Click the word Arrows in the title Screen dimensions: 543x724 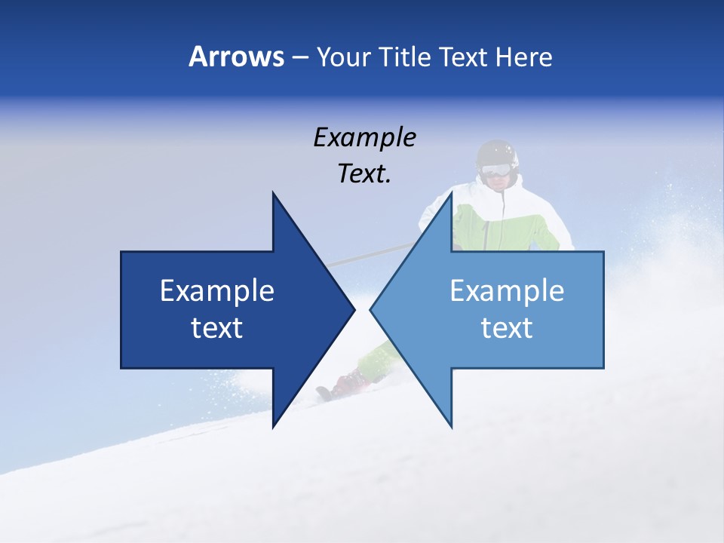point(236,57)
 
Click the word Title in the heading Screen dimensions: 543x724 point(406,57)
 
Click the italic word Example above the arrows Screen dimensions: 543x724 point(364,137)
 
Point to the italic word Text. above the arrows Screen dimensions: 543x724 point(364,173)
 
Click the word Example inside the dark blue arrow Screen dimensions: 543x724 point(217,290)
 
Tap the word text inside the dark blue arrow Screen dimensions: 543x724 point(217,328)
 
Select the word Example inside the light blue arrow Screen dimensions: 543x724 point(507,290)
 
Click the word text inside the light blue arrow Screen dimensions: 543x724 point(507,328)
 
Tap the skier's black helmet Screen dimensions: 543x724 point(497,153)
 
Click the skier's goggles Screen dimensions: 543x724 point(495,170)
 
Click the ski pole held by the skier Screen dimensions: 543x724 point(370,256)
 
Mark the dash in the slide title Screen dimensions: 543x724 point(299,57)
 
